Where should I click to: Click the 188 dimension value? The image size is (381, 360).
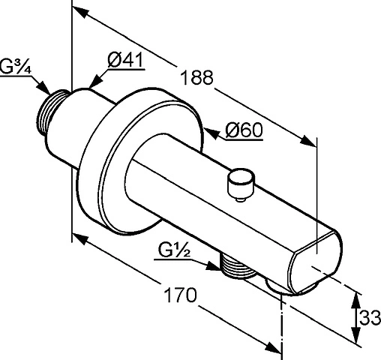tap(196, 77)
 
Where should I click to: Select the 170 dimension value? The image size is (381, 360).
tap(180, 295)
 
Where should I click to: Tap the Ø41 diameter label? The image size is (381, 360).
tap(126, 60)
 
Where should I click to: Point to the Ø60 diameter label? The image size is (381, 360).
tap(244, 130)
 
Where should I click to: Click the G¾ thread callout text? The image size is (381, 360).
tap(16, 67)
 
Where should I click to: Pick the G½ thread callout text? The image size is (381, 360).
tap(174, 250)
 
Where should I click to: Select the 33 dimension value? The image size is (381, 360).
tap(370, 318)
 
